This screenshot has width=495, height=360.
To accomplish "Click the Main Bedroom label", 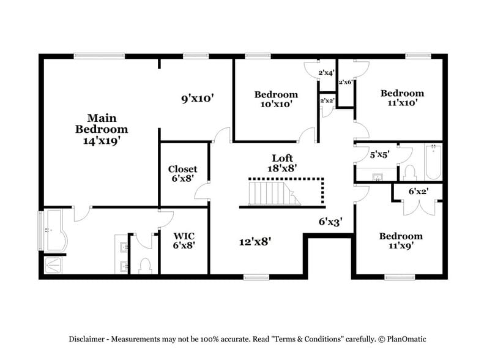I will (x=102, y=123).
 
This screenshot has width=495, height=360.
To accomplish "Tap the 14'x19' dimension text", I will (x=102, y=140).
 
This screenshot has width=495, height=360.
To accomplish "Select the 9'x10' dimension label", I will (x=197, y=97).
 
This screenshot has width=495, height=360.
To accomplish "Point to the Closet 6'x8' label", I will (x=183, y=174).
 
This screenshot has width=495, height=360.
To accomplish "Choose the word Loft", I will (x=283, y=157).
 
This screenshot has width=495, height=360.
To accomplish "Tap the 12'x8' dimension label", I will (x=255, y=241).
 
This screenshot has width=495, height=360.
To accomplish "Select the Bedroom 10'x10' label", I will (x=276, y=99).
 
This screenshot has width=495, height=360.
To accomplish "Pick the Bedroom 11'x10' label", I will (x=402, y=98).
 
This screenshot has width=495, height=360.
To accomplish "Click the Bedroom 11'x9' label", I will (x=401, y=241).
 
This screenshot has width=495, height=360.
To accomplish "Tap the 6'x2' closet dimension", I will (x=419, y=192).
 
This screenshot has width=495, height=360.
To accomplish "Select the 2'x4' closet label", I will (x=326, y=73).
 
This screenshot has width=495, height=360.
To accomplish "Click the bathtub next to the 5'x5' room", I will (x=433, y=161).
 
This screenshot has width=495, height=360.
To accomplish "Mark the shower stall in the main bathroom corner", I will (x=54, y=265).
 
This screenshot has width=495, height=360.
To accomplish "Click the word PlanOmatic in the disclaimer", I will (x=403, y=339).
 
